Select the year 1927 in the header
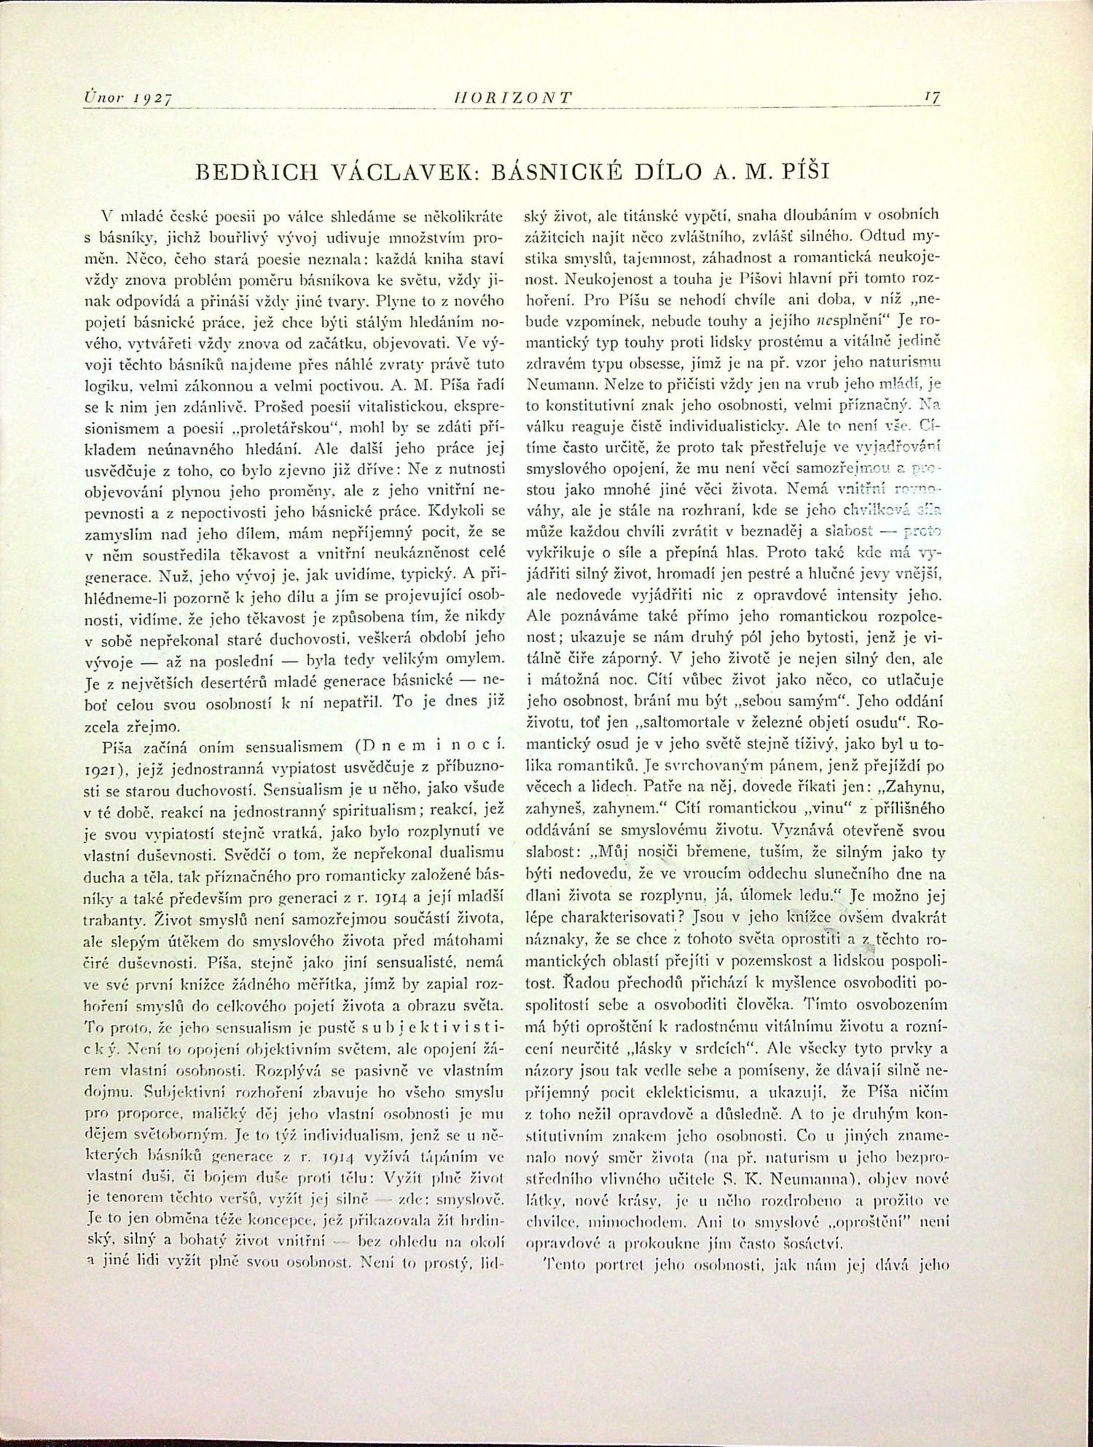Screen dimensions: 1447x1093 click(156, 96)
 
